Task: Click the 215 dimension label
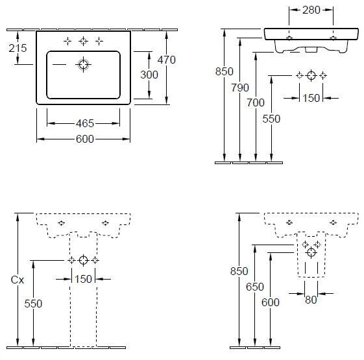18,48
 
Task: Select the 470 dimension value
167,60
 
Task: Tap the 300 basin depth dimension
149,75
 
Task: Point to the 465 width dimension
85,123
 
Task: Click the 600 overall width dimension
85,139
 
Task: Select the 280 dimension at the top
311,10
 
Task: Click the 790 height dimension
240,88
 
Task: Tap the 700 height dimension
256,103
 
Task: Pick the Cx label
18,280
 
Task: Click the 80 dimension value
311,300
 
